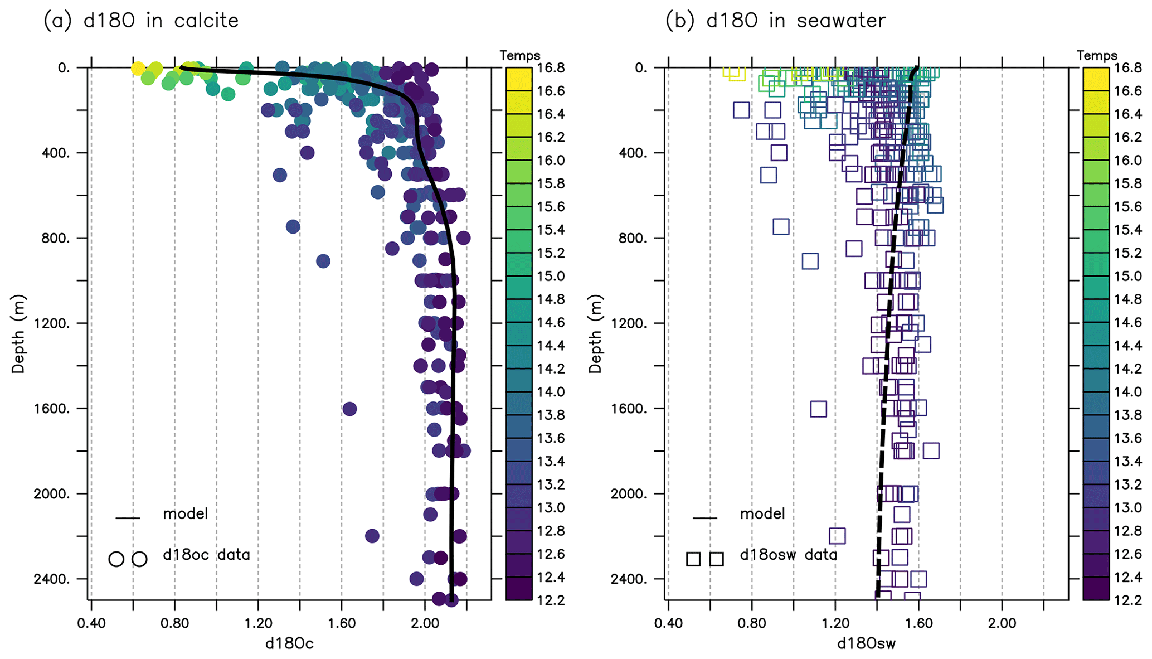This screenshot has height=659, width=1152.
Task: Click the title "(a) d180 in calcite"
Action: click(141, 21)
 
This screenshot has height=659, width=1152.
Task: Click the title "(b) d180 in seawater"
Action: click(775, 21)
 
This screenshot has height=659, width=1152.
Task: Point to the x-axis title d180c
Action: click(289, 644)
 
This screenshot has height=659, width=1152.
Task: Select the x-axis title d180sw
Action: click(866, 644)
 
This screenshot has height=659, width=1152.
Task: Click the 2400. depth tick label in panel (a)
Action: click(56, 579)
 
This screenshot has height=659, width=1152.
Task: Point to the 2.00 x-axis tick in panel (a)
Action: click(425, 623)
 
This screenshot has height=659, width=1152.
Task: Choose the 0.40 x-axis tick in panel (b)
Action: click(668, 623)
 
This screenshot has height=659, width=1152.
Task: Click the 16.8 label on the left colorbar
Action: click(551, 68)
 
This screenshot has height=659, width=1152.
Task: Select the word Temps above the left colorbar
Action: click(519, 56)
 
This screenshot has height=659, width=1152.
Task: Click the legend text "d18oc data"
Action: click(206, 555)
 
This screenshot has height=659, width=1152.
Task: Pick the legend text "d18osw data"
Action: click(788, 555)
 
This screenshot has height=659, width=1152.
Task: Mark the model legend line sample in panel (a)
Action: click(128, 519)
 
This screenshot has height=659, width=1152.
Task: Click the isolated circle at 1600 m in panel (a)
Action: click(349, 409)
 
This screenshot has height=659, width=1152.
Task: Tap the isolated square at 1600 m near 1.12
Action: click(818, 409)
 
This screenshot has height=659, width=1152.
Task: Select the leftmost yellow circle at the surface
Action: click(138, 69)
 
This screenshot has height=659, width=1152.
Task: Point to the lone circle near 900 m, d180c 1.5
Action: click(323, 261)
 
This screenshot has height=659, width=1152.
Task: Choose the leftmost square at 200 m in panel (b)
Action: click(741, 110)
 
